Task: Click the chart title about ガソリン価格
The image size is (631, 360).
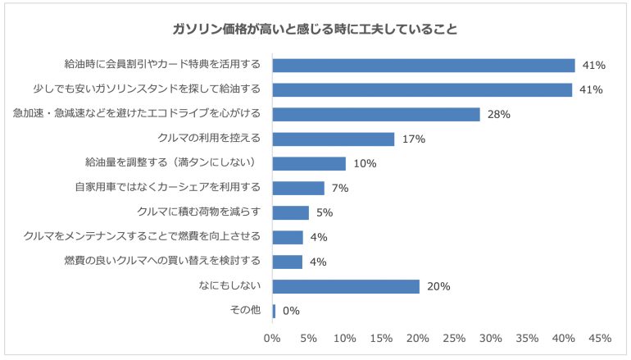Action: (x=315, y=29)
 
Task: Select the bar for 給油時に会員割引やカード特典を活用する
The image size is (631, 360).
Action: (x=423, y=66)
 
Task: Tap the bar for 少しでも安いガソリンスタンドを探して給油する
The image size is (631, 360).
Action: (x=422, y=90)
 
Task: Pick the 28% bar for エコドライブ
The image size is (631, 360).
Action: (x=375, y=115)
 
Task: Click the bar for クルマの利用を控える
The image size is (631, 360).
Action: (x=333, y=139)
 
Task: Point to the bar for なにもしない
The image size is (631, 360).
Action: (x=345, y=287)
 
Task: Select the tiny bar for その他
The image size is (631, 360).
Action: (x=274, y=312)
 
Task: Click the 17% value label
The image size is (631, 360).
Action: (x=414, y=139)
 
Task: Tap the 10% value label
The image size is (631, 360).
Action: (x=365, y=164)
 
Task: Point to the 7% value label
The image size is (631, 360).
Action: (x=340, y=189)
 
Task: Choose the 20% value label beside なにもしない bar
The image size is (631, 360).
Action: (x=438, y=287)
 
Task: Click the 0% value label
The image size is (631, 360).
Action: (x=291, y=312)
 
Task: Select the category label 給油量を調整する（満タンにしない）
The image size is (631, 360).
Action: (x=172, y=163)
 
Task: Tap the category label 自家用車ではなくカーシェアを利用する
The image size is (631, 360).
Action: (x=167, y=188)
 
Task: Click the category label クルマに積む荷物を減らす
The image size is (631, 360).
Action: (x=199, y=212)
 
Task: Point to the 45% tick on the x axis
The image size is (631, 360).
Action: (x=600, y=338)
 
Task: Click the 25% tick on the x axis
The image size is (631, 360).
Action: (x=454, y=338)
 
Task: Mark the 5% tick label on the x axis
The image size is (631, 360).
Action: (x=308, y=338)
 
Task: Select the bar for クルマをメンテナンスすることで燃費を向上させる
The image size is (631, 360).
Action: (x=287, y=238)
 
